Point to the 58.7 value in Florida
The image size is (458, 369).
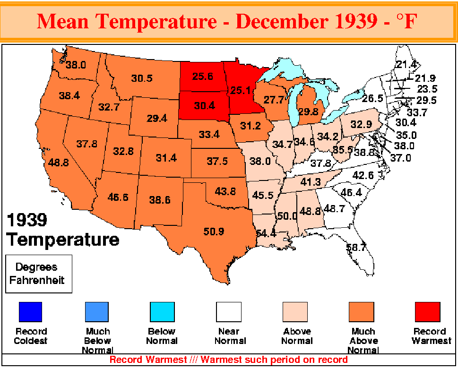pos(356,247)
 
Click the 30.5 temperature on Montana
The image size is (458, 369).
pos(142,78)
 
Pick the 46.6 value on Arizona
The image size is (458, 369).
pos(118,197)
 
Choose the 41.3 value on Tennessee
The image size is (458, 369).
pos(311,182)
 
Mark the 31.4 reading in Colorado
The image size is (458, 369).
pos(166,158)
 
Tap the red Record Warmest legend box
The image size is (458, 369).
pos(428,312)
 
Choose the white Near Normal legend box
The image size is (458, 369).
pos(229,312)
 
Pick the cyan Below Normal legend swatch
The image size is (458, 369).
pos(162,312)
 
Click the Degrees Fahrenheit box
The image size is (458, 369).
pos(39,274)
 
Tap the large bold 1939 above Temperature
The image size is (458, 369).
pos(27,220)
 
